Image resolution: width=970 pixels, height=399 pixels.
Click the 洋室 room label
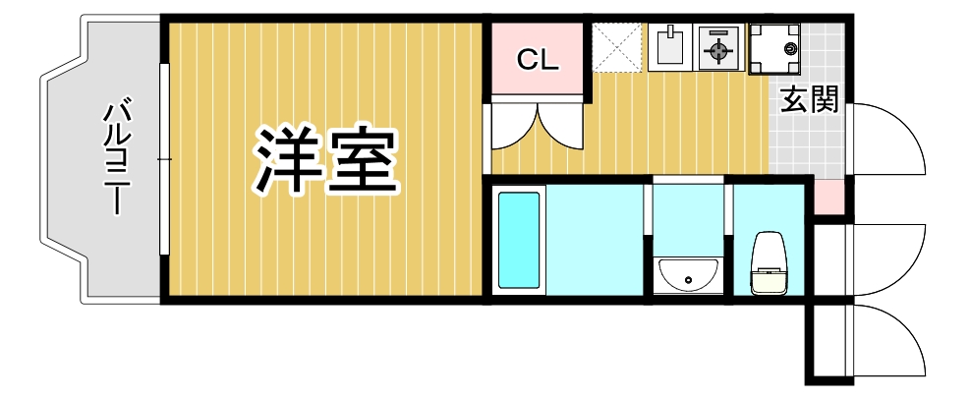327,160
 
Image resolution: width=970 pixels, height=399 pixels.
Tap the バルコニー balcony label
118,155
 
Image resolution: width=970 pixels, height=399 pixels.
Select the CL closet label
538,61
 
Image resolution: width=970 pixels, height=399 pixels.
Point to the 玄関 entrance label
810,100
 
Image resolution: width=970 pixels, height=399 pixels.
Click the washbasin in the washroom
688,272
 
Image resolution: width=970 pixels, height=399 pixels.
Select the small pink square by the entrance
828,197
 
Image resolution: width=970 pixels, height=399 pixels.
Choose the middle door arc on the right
889,257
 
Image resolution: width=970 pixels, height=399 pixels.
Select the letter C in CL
528,61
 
